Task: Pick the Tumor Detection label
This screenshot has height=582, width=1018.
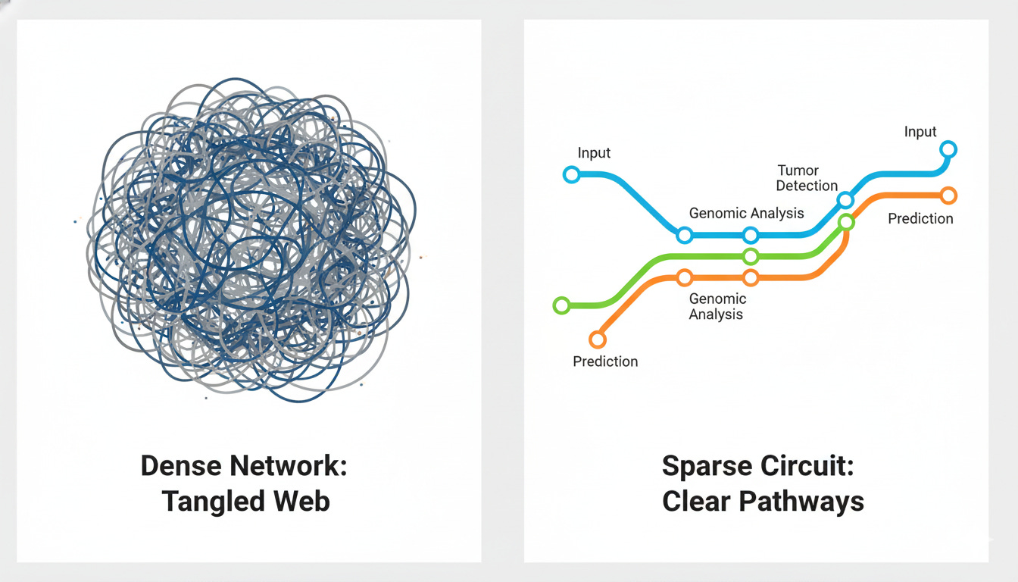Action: click(x=807, y=178)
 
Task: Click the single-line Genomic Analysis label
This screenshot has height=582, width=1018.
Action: click(x=746, y=213)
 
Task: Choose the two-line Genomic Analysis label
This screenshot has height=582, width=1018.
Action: click(x=717, y=306)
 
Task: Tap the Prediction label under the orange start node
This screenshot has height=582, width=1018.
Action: click(x=605, y=361)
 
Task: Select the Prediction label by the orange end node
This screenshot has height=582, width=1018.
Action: click(x=920, y=218)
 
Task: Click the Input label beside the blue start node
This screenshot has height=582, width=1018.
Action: click(x=594, y=153)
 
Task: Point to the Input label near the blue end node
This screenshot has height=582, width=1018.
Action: click(x=920, y=132)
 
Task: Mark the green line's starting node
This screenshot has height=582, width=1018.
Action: click(x=561, y=306)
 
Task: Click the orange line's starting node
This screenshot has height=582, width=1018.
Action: click(x=598, y=339)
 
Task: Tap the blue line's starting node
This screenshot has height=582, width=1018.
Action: click(x=572, y=175)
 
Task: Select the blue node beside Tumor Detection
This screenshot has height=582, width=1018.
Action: click(x=845, y=200)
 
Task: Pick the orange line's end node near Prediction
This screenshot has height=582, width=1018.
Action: click(x=948, y=196)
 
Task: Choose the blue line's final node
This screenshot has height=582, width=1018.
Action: click(x=948, y=149)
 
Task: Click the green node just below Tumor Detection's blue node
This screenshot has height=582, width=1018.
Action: click(x=846, y=222)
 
